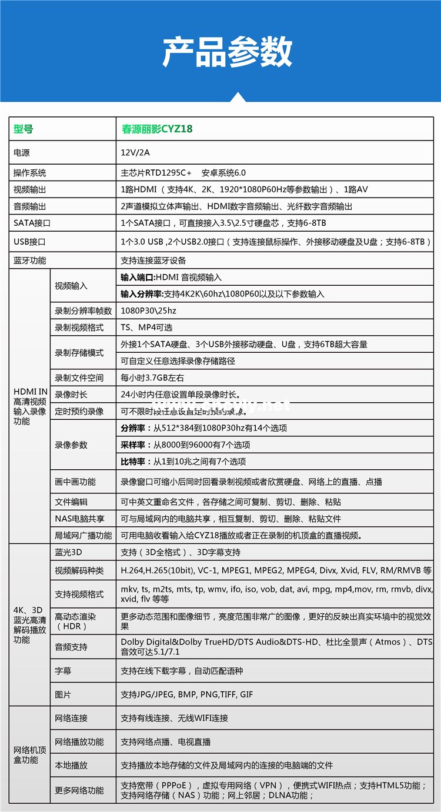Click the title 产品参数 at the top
(x=227, y=52)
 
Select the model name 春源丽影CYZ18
(x=156, y=128)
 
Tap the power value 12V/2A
(x=135, y=153)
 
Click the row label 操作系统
(x=29, y=173)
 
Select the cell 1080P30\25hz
(x=148, y=310)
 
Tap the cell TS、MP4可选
(x=146, y=328)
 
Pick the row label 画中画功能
(x=75, y=482)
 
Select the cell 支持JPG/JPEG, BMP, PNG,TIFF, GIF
(x=186, y=694)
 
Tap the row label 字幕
(x=62, y=670)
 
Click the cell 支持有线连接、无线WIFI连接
(x=174, y=718)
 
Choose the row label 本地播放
(x=71, y=765)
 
